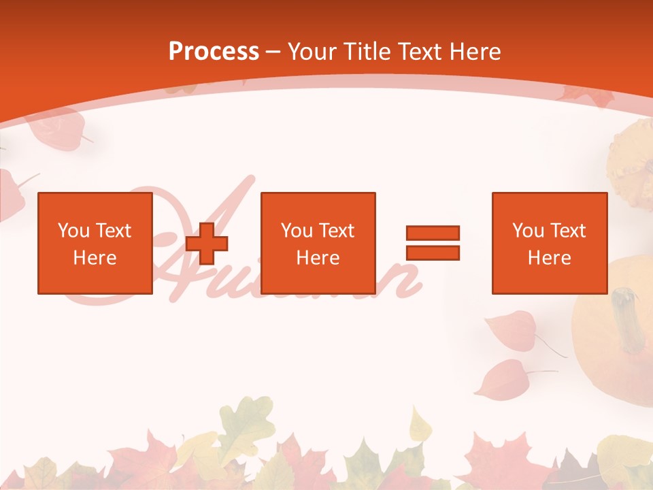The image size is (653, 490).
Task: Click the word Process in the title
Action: click(214, 52)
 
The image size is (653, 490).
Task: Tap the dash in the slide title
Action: click(273, 52)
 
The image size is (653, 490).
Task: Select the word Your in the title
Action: click(314, 52)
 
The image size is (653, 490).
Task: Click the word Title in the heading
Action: click(369, 52)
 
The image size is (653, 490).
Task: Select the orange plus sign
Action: click(207, 243)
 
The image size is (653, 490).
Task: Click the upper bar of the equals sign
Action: click(433, 233)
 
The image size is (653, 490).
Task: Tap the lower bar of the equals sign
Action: click(433, 252)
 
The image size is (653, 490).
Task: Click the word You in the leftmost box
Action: click(73, 231)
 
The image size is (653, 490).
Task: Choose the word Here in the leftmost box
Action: click(95, 258)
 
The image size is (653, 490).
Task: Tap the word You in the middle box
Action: click(297, 231)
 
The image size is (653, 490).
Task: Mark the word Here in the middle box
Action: click(318, 258)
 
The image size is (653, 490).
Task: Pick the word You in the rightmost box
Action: click(528, 231)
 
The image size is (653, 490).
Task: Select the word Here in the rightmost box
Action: click(549, 258)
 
